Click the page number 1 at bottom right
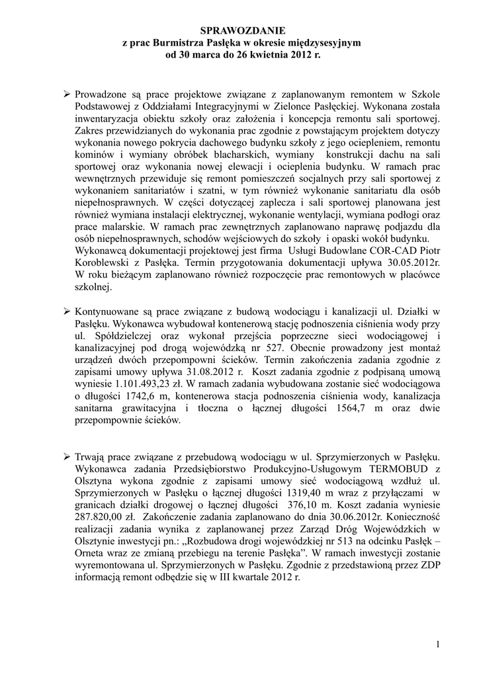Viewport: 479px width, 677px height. tap(439, 644)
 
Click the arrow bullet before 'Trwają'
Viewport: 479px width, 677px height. tap(67, 457)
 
